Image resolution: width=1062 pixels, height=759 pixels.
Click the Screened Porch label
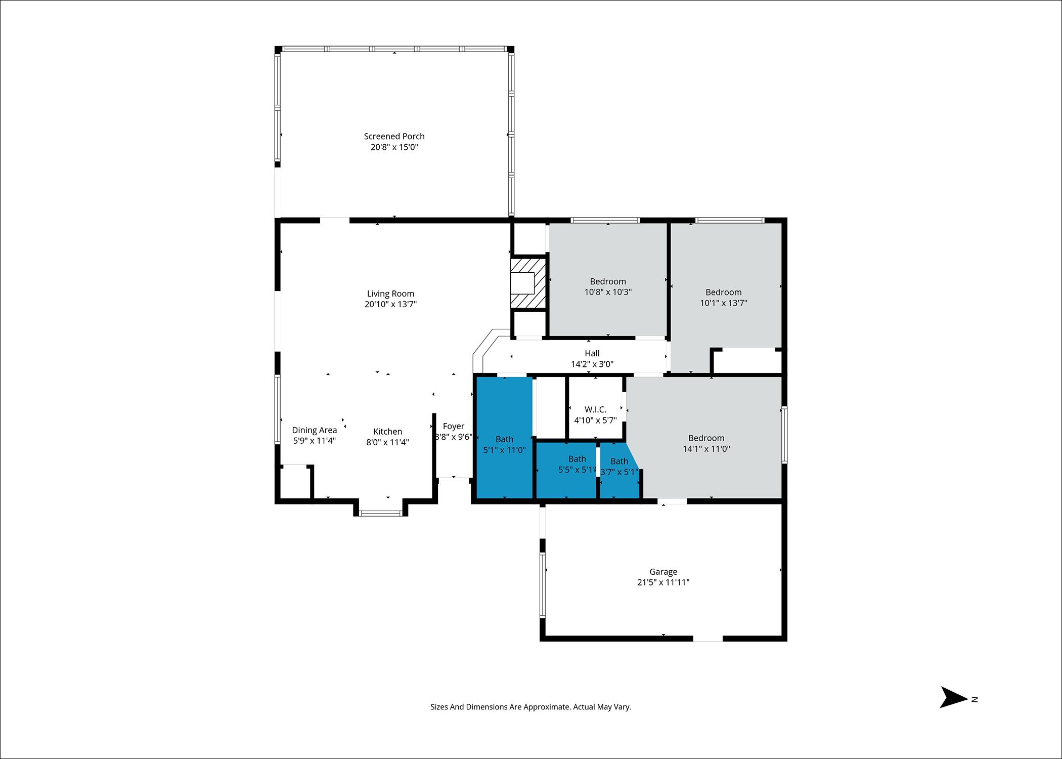tap(394, 136)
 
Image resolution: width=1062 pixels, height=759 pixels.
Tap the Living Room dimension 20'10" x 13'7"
tap(390, 304)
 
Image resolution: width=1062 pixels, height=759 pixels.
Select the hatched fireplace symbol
tap(529, 283)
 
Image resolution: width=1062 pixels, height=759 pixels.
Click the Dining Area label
tap(314, 430)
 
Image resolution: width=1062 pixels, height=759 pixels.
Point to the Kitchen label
tap(387, 432)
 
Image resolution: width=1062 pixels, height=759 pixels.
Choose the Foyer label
tap(453, 426)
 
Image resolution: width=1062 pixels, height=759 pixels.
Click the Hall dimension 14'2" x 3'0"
tap(592, 364)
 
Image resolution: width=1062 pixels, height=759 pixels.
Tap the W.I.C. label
tap(595, 409)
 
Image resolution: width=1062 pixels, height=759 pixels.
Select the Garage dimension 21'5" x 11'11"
tap(663, 582)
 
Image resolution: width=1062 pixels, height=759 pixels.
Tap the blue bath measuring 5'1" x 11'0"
tap(505, 438)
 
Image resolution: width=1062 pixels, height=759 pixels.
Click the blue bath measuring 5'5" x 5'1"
tap(566, 471)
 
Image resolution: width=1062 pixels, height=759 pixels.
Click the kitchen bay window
tap(381, 513)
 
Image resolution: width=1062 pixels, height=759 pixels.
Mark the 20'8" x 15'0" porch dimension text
tap(394, 147)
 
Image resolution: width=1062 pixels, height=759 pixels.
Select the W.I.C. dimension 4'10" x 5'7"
tap(595, 420)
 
